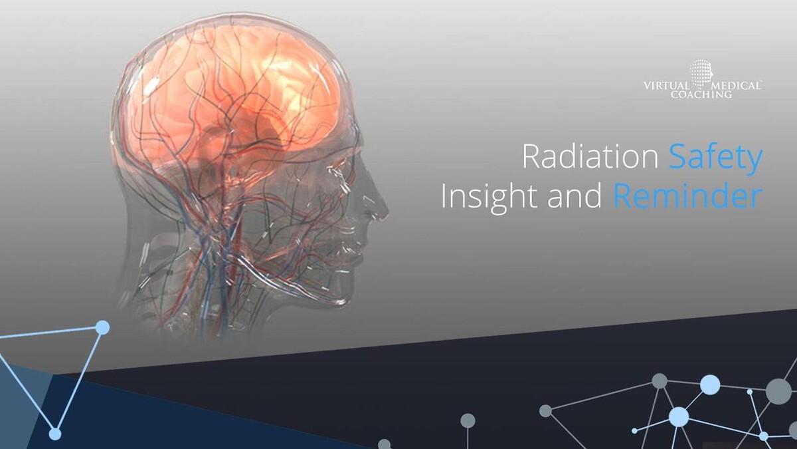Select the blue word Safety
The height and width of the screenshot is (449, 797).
715,159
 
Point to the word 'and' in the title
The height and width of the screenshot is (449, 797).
575,196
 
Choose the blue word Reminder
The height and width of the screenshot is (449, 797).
688,196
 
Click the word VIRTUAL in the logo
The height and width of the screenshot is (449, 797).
666,86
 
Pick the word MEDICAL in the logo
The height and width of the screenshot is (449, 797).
735,86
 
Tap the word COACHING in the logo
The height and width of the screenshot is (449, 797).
701,94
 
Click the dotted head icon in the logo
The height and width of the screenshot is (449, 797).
701,74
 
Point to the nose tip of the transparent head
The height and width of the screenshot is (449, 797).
387,213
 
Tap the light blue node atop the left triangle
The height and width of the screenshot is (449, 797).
102,327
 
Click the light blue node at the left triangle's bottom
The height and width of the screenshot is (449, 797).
55,434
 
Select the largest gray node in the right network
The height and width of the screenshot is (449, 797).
778,392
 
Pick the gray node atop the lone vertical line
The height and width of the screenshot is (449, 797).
468,421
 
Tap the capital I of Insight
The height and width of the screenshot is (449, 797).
444,196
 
